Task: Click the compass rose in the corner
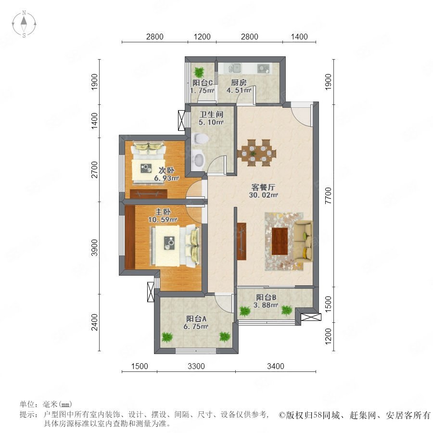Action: (x=24, y=24)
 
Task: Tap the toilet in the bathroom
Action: (x=199, y=138)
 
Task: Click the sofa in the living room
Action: (x=303, y=240)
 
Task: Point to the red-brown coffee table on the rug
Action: (x=280, y=242)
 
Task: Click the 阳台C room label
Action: (x=203, y=83)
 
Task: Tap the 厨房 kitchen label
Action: (x=239, y=82)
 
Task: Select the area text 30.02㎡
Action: (x=264, y=195)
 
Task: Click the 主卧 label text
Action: (x=163, y=212)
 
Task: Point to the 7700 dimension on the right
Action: (x=328, y=195)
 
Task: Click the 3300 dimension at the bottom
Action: (x=196, y=366)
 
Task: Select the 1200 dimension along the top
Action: (x=202, y=37)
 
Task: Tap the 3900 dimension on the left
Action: (x=94, y=248)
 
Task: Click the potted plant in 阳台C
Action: (x=199, y=72)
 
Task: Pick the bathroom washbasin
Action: (x=199, y=159)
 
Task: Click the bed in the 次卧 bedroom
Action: (x=149, y=163)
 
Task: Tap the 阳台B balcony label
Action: (x=266, y=297)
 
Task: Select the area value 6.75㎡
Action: (x=196, y=326)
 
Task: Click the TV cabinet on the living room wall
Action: (x=242, y=241)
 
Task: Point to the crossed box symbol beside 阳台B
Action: (x=311, y=317)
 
